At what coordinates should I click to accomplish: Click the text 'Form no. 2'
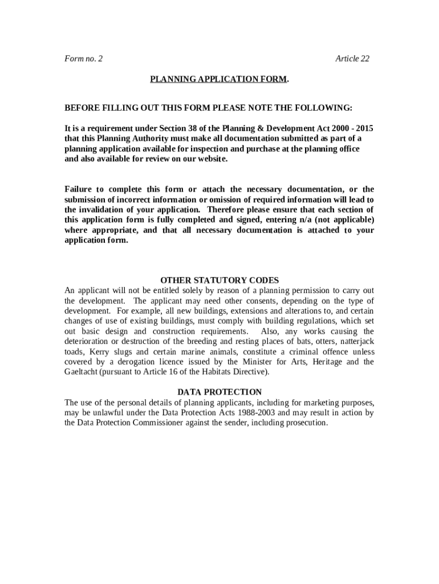83,59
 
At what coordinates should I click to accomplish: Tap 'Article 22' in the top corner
352,59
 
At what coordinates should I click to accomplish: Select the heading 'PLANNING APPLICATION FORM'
218,79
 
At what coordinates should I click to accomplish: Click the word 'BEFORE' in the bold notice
81,108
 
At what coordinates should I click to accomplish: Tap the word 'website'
211,159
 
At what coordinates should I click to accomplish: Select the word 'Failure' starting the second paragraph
78,189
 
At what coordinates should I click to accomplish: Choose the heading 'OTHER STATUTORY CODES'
219,280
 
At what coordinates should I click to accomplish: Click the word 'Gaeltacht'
82,372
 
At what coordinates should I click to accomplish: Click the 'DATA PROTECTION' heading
219,392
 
